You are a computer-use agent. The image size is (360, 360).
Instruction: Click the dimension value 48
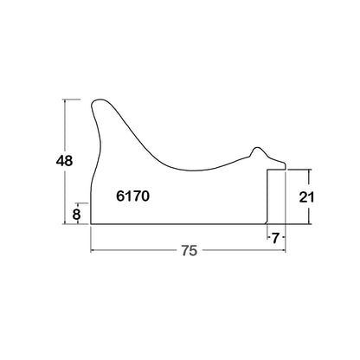(x=64, y=161)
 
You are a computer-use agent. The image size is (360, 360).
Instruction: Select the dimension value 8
(x=76, y=215)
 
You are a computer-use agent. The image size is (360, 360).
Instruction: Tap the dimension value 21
(x=306, y=197)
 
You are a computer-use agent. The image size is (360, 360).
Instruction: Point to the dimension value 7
(x=275, y=238)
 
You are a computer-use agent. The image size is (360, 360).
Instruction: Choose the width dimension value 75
(x=190, y=250)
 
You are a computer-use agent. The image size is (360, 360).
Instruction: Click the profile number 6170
(x=133, y=196)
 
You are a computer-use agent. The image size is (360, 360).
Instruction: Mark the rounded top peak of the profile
(x=100, y=100)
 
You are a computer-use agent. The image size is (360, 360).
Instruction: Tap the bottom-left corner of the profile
(x=91, y=223)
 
